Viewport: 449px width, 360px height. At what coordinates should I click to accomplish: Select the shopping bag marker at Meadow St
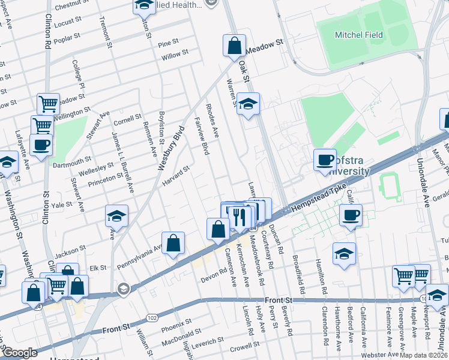point(234,46)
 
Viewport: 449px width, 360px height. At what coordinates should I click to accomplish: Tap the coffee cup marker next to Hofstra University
point(325,160)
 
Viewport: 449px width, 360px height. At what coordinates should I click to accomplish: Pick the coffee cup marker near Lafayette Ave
point(41,145)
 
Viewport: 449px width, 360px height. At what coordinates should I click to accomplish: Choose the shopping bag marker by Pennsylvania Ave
point(173,244)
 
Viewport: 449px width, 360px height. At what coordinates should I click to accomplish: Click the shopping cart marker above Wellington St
point(48,104)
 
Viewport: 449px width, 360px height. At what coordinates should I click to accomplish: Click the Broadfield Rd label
point(298,268)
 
